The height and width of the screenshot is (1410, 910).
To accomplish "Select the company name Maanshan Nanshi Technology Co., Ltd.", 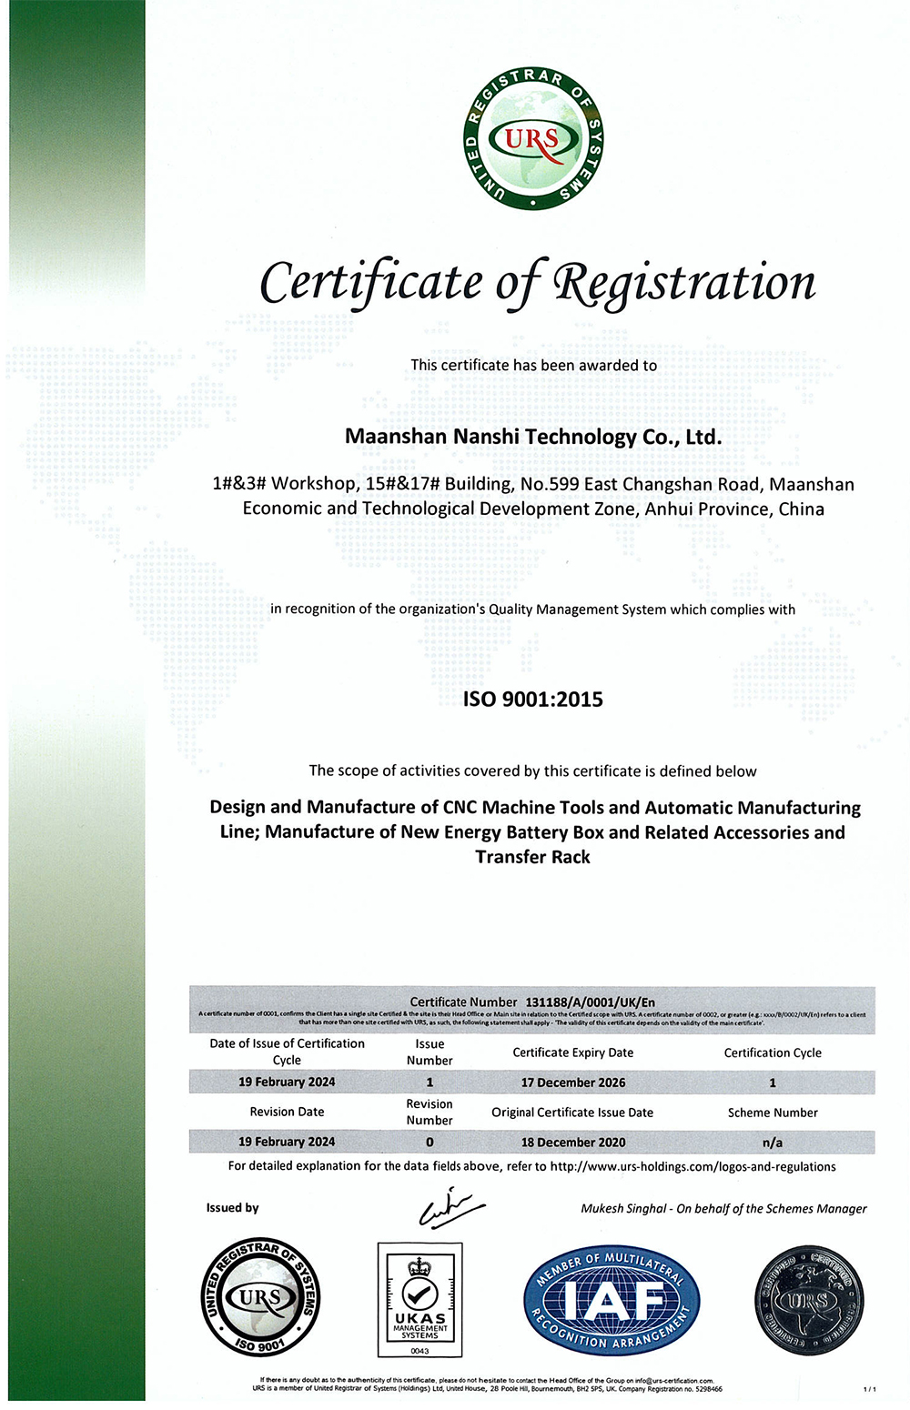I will tap(532, 437).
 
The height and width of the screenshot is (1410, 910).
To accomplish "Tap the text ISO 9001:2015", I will tap(532, 700).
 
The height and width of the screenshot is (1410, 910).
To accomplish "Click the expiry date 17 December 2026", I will tap(572, 1083).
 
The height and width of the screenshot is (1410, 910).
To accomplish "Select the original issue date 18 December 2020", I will tap(572, 1142).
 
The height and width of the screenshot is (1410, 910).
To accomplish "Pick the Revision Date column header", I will tap(287, 1112).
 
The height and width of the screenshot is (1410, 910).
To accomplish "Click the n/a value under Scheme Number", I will tap(773, 1142).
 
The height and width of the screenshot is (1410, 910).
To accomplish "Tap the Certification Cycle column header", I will tap(773, 1052).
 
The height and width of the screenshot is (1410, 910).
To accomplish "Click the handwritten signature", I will tap(450, 1207).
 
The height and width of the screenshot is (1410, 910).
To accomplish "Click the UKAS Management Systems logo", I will tap(420, 1299).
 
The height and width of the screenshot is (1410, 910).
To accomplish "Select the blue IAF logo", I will tap(612, 1299).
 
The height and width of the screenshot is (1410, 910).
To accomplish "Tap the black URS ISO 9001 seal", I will tap(260, 1297).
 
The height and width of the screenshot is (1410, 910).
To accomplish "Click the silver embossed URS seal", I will tap(808, 1299).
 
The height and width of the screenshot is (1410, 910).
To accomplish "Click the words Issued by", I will tap(232, 1208).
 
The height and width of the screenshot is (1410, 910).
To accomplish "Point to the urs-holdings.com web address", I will tap(693, 1166).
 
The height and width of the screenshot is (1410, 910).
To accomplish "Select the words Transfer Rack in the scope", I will tap(532, 857).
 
